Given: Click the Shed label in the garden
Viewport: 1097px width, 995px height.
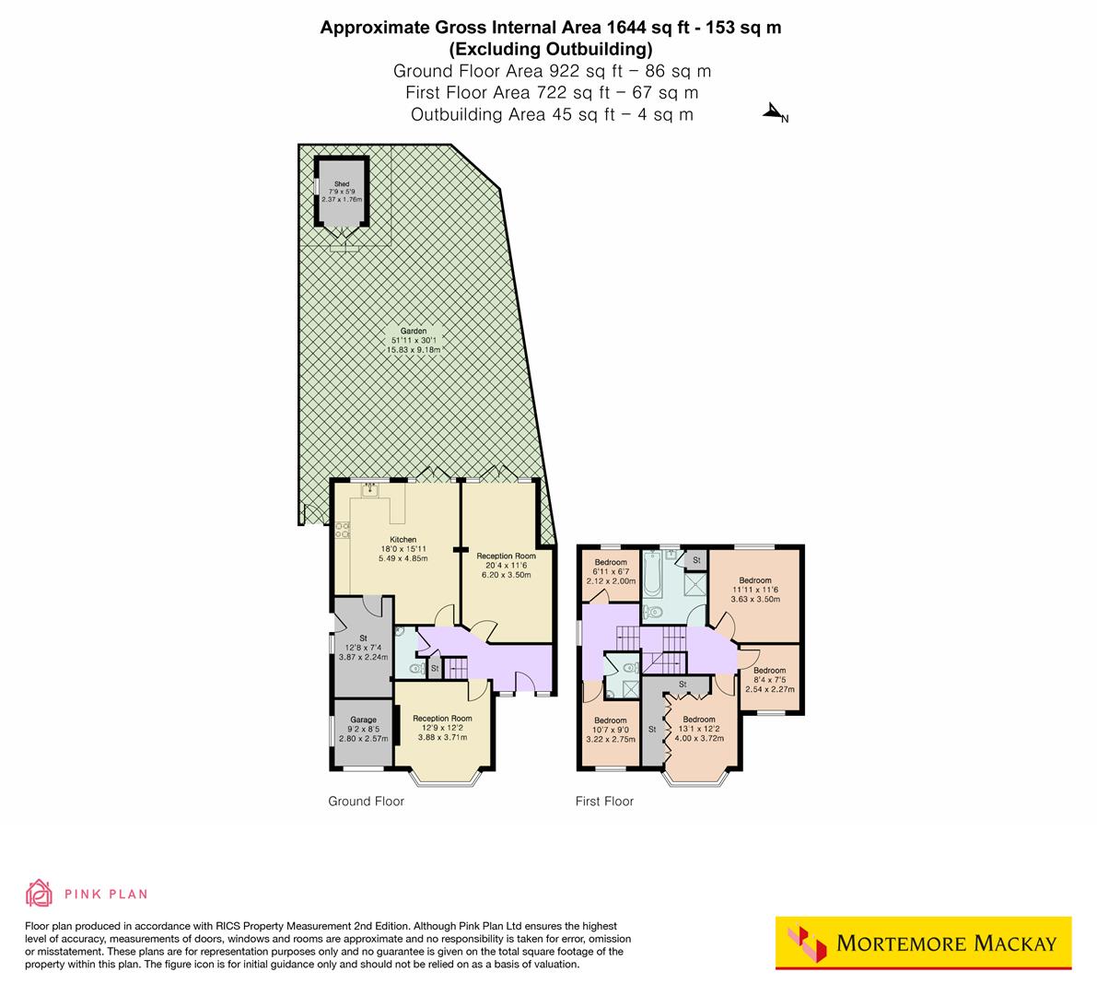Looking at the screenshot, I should tap(342, 184).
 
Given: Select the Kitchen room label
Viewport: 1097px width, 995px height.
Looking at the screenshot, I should tap(403, 540).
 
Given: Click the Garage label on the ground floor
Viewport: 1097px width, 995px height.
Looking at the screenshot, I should tap(363, 720).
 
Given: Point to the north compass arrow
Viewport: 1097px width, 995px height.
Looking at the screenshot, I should tap(773, 112).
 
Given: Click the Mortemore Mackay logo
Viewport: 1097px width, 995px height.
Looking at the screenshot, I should tap(923, 942).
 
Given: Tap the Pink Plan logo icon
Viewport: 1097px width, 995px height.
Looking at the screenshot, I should tap(40, 893).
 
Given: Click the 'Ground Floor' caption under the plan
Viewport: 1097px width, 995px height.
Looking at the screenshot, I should tap(366, 802).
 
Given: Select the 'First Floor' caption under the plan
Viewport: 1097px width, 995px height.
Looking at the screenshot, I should tap(604, 802).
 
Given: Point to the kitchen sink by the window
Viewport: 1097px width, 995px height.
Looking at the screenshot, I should tap(370, 490).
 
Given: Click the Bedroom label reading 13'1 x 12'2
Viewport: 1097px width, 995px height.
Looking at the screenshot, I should tap(699, 720).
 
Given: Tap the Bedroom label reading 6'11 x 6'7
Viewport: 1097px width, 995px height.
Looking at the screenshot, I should tap(611, 562).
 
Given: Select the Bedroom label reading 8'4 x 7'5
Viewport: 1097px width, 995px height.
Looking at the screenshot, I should tap(769, 671).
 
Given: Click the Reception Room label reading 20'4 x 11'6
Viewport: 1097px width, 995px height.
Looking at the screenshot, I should tap(506, 556).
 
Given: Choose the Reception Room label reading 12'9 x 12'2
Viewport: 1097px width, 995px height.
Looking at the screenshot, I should tap(442, 719).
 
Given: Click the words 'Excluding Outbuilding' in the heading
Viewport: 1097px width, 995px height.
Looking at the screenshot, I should tap(550, 49).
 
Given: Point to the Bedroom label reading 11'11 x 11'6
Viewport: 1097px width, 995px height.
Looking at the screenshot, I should tap(754, 580).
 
